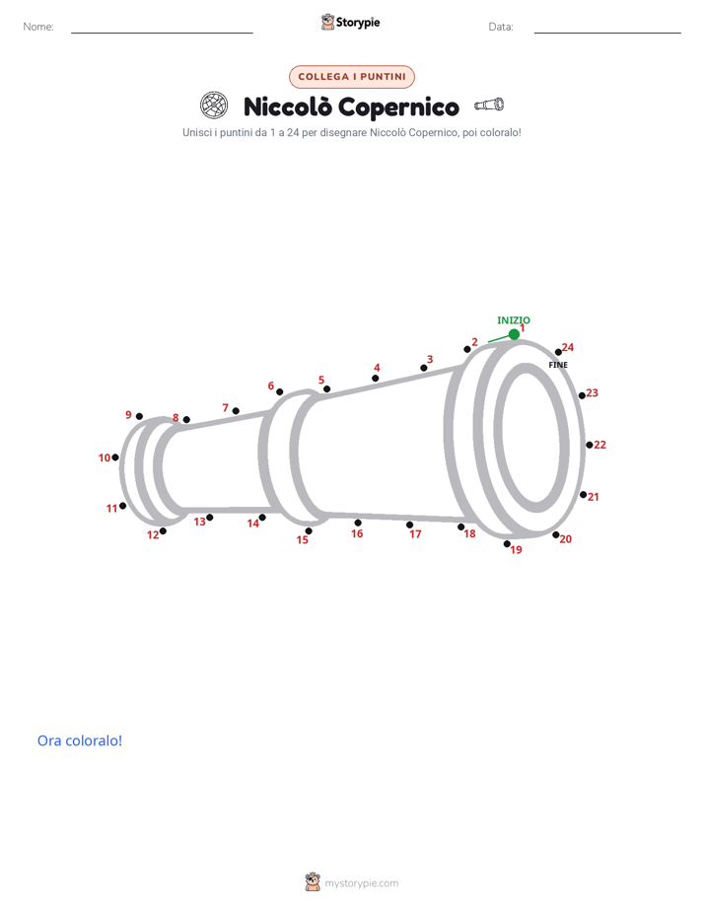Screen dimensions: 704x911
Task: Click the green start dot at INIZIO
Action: (514, 334)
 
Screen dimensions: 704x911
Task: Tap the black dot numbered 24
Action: (558, 352)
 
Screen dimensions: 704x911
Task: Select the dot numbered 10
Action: (115, 457)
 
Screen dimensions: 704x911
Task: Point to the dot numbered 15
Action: (309, 531)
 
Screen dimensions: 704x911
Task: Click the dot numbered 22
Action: (589, 445)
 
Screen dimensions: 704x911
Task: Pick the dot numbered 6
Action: (279, 392)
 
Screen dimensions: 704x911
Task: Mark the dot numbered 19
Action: (507, 544)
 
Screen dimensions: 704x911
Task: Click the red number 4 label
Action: (377, 368)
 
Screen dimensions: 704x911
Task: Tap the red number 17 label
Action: (415, 534)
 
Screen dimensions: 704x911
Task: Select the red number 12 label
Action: (153, 535)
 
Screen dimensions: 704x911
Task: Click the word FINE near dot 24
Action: (558, 365)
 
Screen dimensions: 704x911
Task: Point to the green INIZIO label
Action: (514, 320)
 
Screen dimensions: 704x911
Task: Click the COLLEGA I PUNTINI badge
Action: (352, 77)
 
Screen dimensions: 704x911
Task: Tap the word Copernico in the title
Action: (398, 107)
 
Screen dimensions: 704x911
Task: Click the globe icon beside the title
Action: (214, 105)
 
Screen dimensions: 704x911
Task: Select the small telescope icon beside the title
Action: (489, 105)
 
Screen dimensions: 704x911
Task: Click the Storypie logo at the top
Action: (350, 22)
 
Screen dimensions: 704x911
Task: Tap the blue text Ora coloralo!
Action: (80, 740)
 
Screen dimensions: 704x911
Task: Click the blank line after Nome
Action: (162, 33)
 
